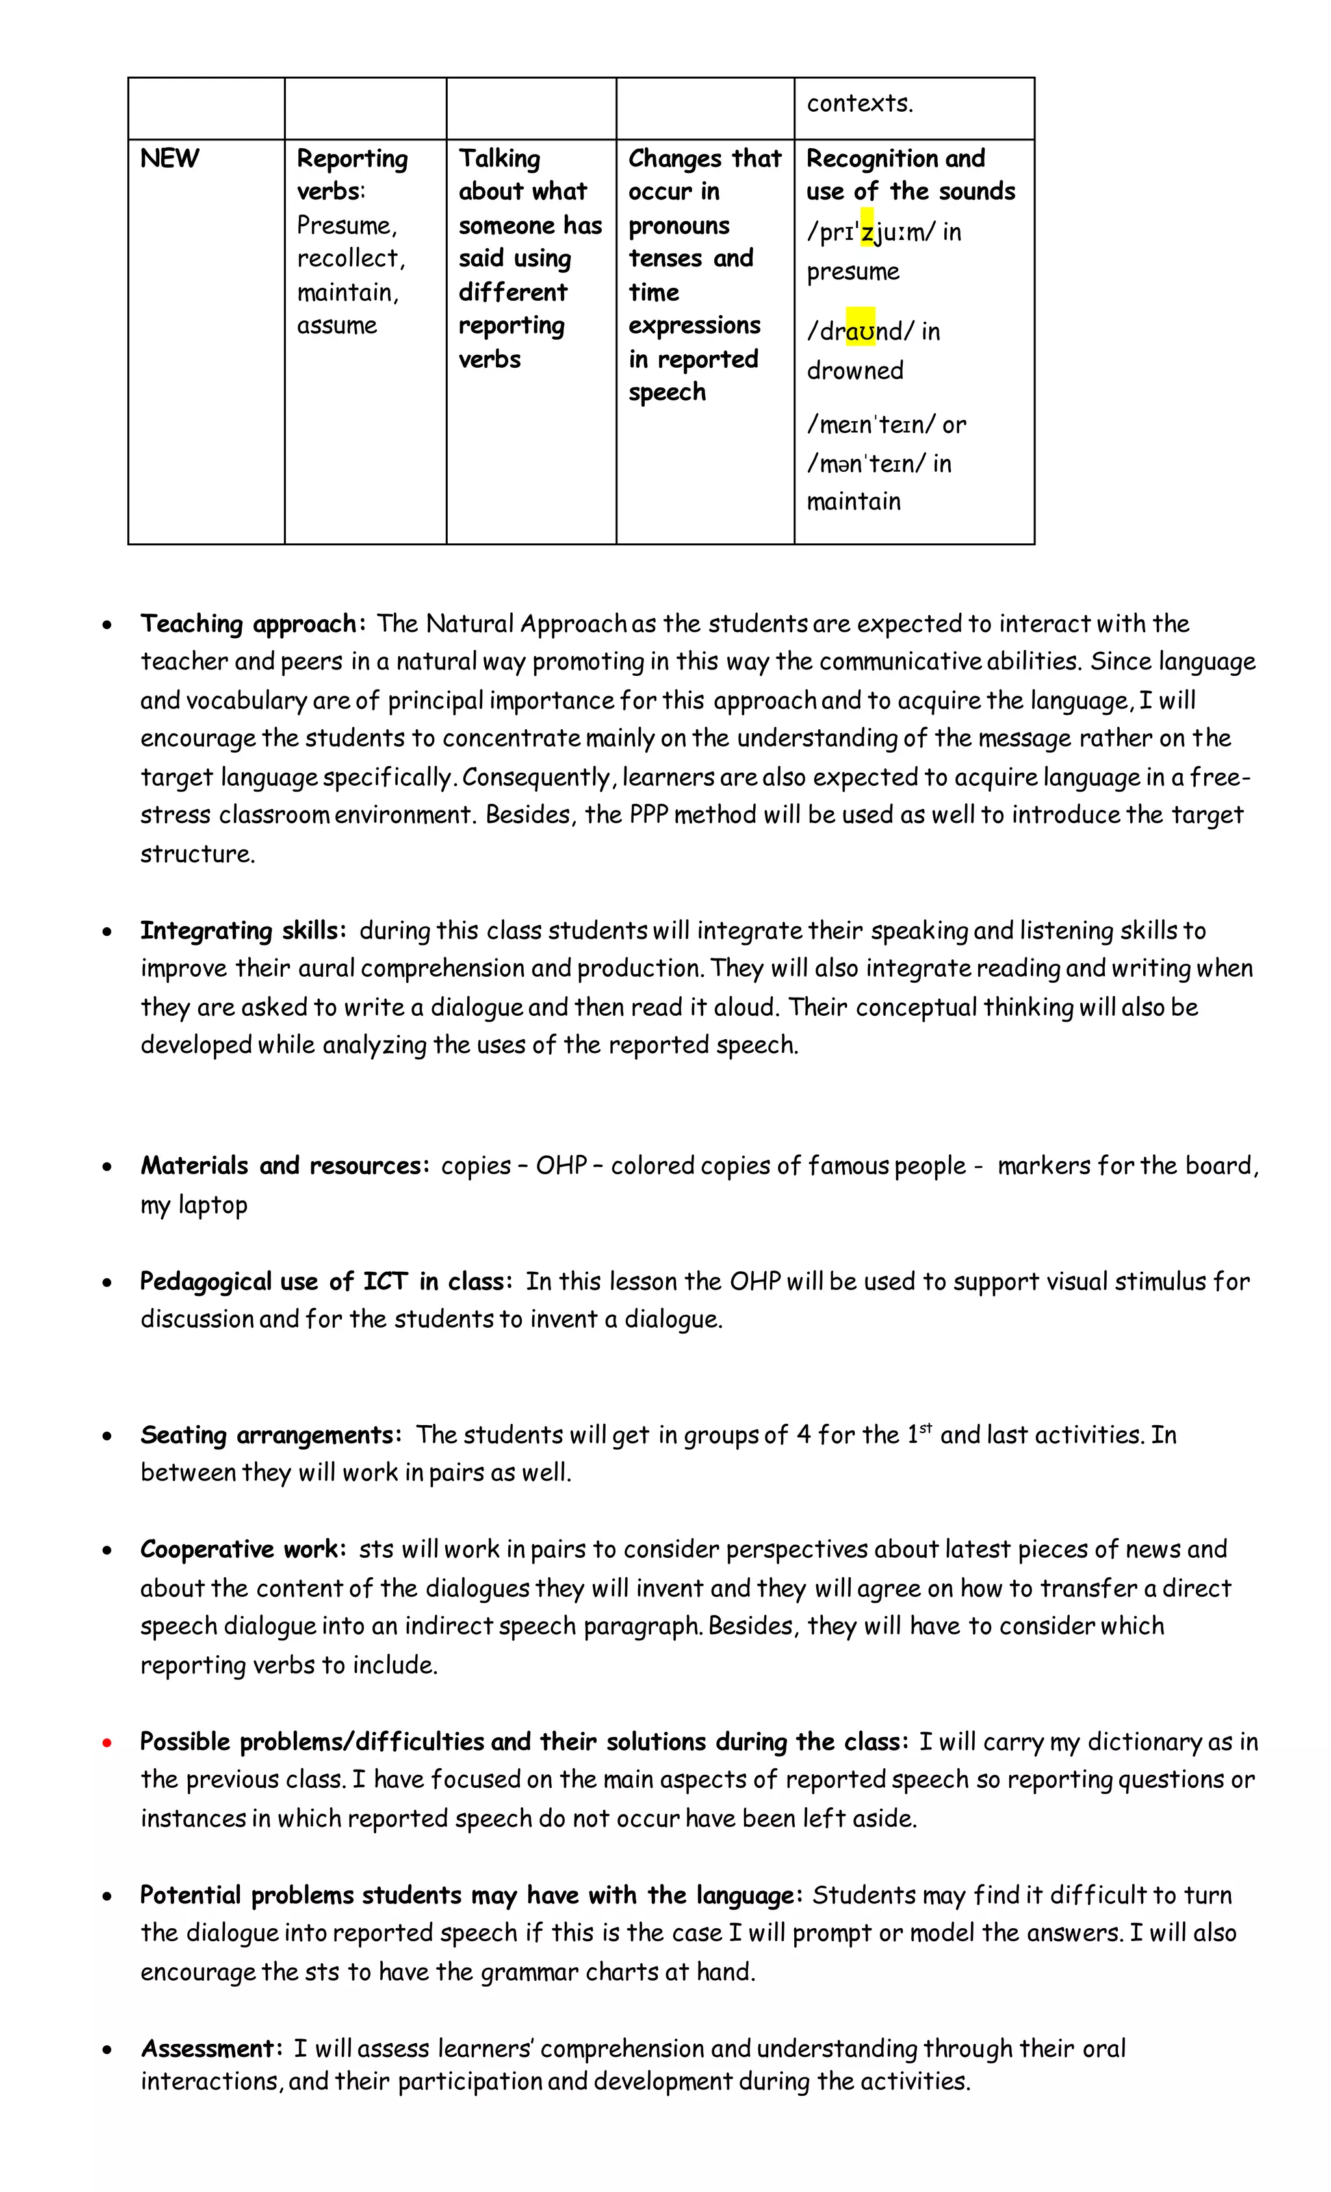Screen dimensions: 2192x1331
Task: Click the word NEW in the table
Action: tap(169, 159)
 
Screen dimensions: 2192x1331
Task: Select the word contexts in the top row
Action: tap(859, 103)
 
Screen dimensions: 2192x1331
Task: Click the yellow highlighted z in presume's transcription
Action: tap(868, 231)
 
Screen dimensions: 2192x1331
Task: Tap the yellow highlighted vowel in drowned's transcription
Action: tap(860, 331)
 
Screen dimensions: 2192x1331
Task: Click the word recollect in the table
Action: tap(350, 259)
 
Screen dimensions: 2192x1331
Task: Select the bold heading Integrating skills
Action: tap(242, 931)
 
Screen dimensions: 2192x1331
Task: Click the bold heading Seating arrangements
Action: tap(270, 1435)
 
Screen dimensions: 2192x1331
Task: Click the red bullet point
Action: tap(107, 1743)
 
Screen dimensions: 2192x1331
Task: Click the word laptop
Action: tap(213, 1205)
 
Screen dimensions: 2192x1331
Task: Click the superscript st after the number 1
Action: tap(925, 1428)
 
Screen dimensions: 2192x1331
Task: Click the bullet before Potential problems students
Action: tap(107, 1896)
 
